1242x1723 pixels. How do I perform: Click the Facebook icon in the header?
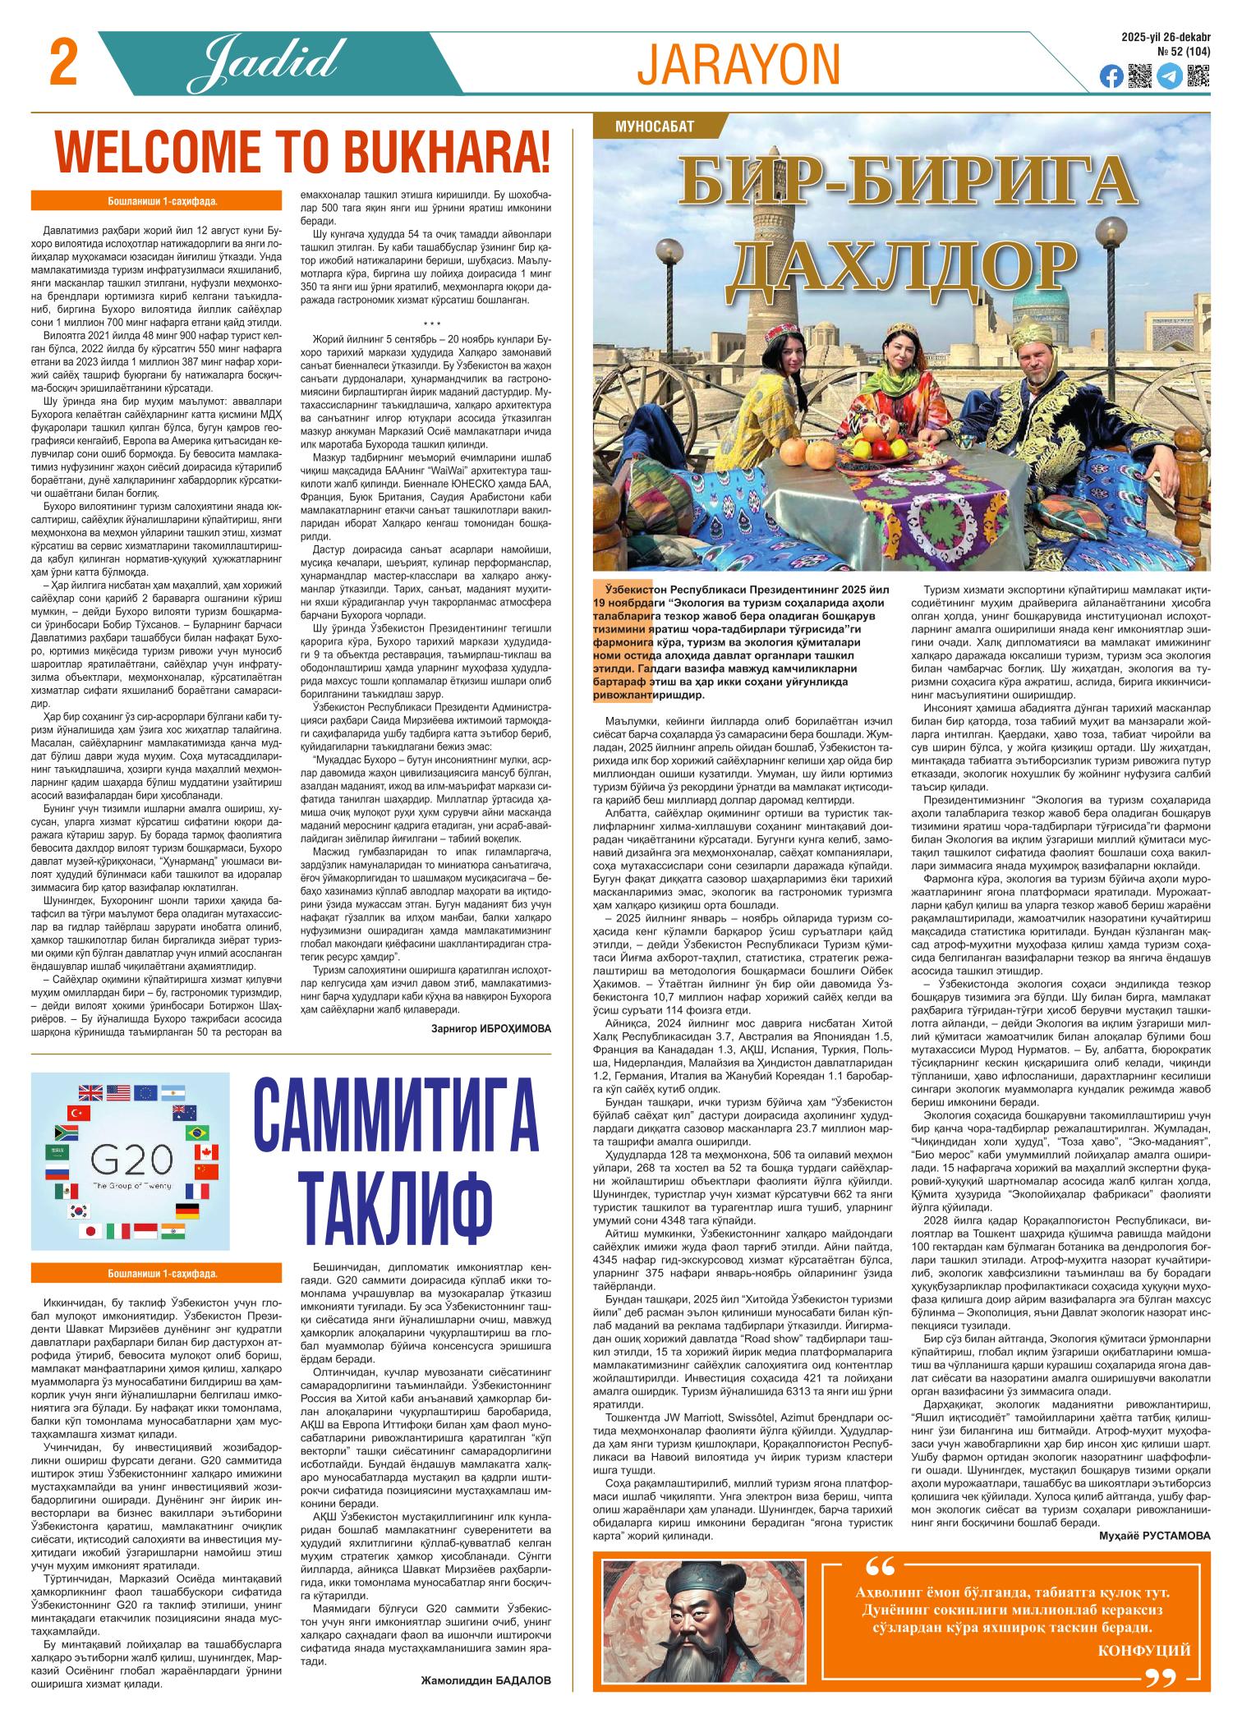[x=1112, y=76]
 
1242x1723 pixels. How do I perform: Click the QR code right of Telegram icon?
[x=1198, y=76]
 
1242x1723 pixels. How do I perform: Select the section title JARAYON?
[x=738, y=64]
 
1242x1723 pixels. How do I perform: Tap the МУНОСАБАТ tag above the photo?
[x=655, y=126]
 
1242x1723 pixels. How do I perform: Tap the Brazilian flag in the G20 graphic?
[x=197, y=1133]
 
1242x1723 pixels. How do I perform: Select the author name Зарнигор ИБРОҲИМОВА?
[x=490, y=1027]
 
